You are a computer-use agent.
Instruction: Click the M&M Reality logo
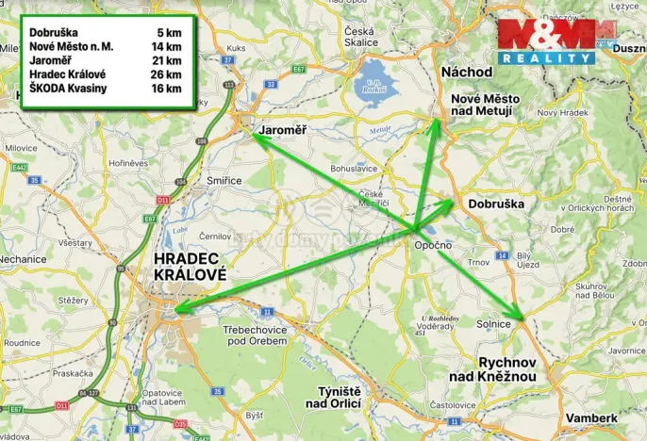pyautogui.click(x=546, y=41)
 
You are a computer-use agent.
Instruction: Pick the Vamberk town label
pyautogui.click(x=591, y=417)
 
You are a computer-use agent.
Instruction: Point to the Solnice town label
pyautogui.click(x=494, y=324)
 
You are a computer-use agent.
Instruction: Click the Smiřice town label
pyautogui.click(x=224, y=180)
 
